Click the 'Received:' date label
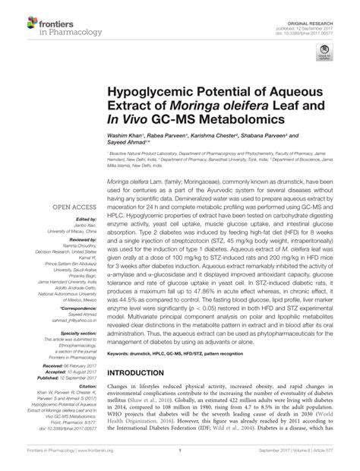pos(57,365)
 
